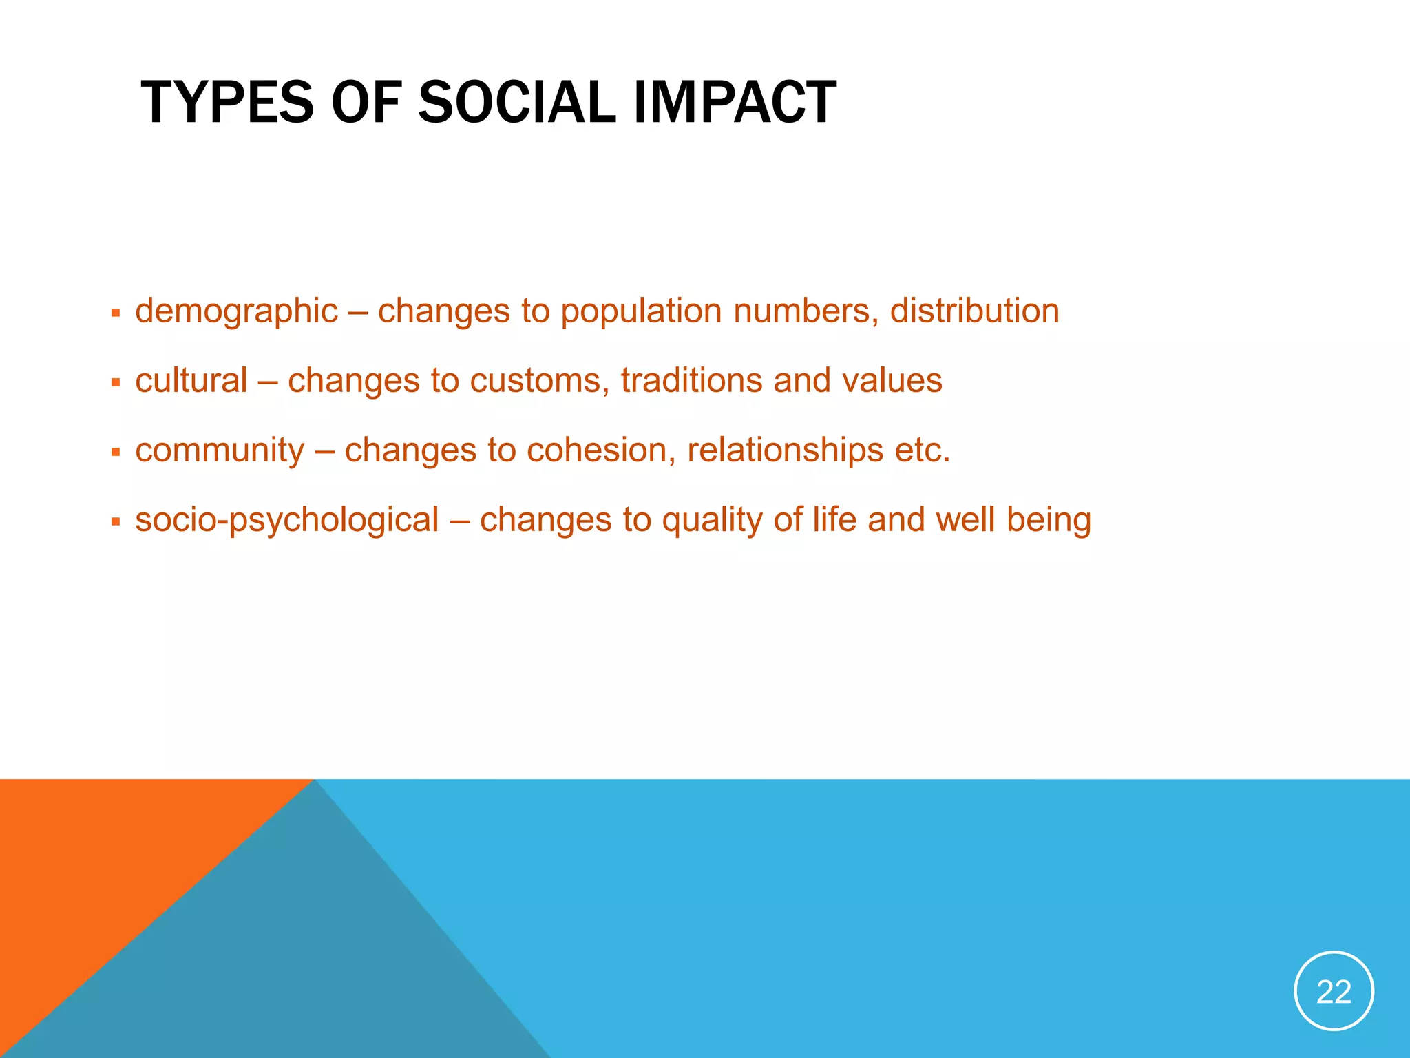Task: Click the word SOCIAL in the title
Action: pos(516,103)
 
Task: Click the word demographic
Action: pos(236,311)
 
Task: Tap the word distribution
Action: pos(974,311)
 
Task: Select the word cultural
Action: pos(191,381)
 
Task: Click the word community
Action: pos(220,451)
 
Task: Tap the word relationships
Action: pos(785,451)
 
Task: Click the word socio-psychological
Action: pos(286,521)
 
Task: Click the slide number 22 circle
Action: pos(1334,991)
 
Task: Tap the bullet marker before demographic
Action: pos(116,313)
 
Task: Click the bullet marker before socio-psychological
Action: pos(116,522)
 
